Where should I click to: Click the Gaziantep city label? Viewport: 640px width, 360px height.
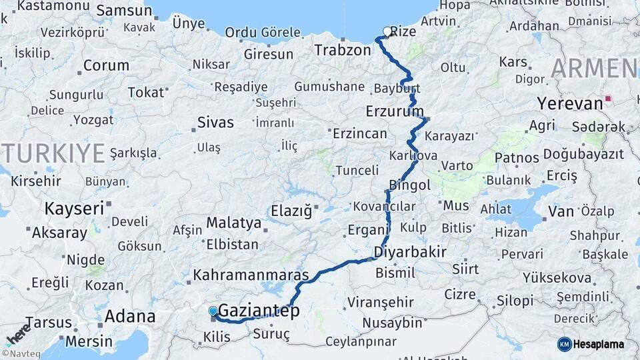point(259,311)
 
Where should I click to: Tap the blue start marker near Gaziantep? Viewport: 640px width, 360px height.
point(213,311)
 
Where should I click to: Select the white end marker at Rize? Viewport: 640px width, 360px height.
point(387,31)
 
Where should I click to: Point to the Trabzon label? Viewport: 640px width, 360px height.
point(342,50)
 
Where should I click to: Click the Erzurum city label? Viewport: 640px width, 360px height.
point(395,110)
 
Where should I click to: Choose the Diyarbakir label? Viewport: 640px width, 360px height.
point(410,251)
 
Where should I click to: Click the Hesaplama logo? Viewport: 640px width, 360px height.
point(591,344)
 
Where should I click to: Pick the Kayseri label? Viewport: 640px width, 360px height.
point(74,208)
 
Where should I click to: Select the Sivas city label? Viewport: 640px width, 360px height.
point(215,122)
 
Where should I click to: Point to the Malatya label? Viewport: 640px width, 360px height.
point(233,222)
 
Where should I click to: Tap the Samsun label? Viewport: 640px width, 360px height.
point(124,10)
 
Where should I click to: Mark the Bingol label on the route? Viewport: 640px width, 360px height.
point(409,185)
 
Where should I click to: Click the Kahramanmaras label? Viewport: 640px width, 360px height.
point(251,275)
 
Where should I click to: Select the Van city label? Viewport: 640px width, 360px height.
point(560,211)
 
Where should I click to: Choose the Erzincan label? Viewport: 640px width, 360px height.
point(359,133)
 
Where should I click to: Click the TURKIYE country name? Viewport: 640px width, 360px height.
point(53,153)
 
